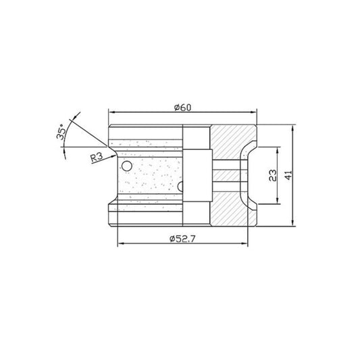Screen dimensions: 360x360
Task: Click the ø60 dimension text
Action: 183,107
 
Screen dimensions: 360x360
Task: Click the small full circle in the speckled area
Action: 125,166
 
